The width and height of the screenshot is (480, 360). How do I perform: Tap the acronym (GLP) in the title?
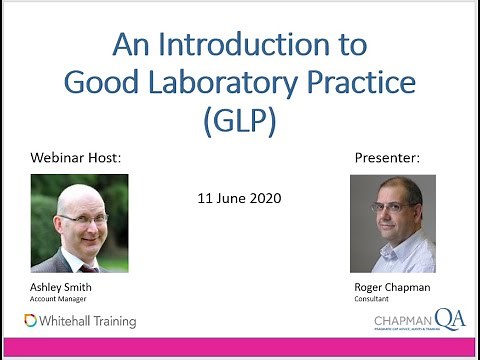(x=239, y=120)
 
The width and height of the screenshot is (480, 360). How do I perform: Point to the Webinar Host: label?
(x=74, y=159)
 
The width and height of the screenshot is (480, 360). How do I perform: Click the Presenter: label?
(x=387, y=159)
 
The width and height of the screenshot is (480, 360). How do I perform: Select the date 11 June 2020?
(x=239, y=198)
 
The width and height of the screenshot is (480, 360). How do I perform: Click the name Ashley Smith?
(x=61, y=287)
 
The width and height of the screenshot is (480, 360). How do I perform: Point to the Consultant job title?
(x=371, y=298)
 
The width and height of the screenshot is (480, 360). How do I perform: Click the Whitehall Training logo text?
(x=88, y=321)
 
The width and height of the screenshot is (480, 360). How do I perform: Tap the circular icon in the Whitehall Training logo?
(x=31, y=321)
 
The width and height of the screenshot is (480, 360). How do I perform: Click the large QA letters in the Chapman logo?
(x=449, y=318)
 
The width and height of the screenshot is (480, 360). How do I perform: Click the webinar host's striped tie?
(x=87, y=267)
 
